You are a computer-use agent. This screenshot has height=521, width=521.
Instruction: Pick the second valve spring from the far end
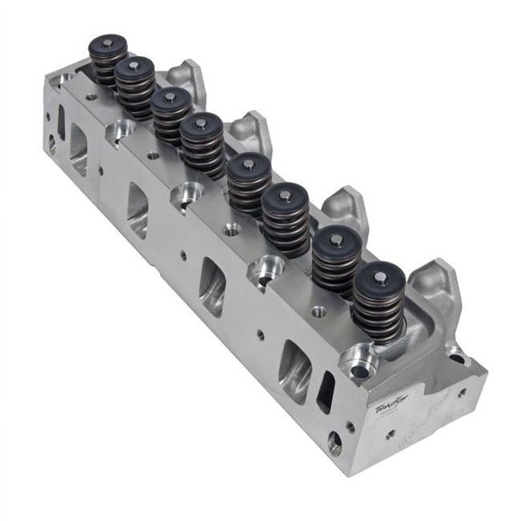pos(135,88)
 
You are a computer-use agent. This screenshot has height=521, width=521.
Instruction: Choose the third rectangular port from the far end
pos(213,286)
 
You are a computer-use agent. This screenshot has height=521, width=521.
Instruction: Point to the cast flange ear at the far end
pos(188,76)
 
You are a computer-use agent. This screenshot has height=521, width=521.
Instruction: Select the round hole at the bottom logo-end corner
pos(335,443)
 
